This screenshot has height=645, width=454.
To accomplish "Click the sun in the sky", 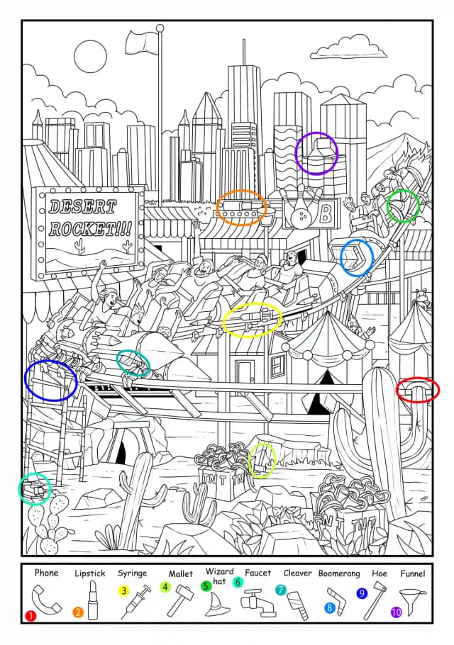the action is point(90,57).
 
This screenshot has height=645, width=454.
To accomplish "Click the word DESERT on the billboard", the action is point(82,206).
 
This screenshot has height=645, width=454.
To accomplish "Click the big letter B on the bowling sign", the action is point(326,213).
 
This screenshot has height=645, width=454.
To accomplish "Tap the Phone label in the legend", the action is point(47,573).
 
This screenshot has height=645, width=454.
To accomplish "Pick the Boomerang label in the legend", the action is point(339,573).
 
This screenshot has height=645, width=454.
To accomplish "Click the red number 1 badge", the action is point(31,615).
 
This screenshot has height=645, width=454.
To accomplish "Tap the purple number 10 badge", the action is point(396,612).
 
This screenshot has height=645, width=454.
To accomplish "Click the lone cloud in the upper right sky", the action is point(348,50).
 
